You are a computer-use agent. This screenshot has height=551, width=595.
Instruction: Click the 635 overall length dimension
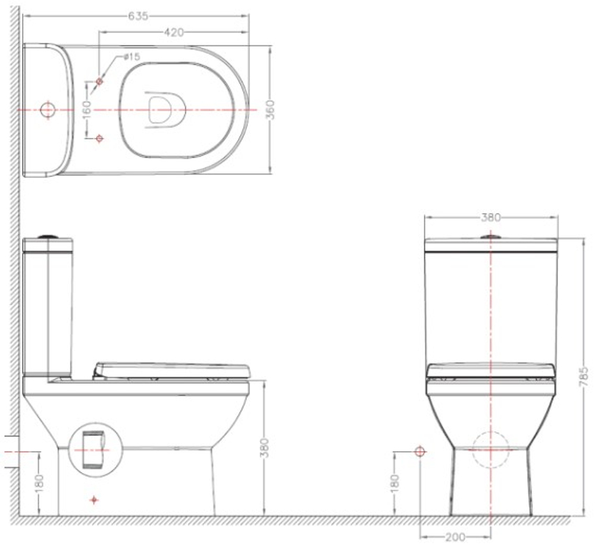(x=138, y=16)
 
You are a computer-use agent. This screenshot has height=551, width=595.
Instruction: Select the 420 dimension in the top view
(x=174, y=33)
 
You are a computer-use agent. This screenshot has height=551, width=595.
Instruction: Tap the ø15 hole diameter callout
(x=131, y=57)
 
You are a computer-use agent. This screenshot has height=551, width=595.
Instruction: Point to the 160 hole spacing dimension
(x=87, y=109)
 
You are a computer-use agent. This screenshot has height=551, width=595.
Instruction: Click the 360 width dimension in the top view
(x=270, y=109)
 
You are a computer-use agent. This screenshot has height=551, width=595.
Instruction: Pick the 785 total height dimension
(x=584, y=377)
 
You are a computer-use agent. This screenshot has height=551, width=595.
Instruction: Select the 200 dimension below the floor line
(x=455, y=537)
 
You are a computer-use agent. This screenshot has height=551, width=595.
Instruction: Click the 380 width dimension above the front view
(x=491, y=217)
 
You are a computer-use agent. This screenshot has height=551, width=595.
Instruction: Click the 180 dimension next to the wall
(x=39, y=484)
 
